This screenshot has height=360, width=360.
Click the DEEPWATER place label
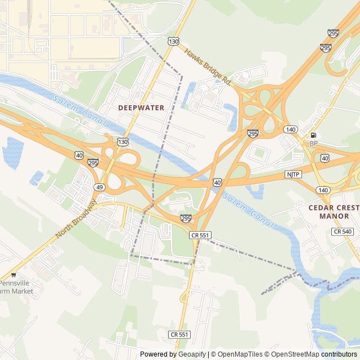141,107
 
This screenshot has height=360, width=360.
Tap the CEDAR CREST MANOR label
334,211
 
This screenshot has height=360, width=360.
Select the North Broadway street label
76,219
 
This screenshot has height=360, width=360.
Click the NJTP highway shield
293,174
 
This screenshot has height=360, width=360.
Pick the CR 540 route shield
342,232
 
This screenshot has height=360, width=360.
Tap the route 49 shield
99,187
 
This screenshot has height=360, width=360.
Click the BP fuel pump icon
313,135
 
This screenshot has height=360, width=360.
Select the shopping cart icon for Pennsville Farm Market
13,275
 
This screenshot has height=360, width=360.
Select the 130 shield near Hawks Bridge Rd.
173,42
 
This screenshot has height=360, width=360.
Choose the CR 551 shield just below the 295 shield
200,235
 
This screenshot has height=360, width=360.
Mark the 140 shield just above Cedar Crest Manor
323,191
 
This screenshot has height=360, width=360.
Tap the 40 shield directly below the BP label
325,159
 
